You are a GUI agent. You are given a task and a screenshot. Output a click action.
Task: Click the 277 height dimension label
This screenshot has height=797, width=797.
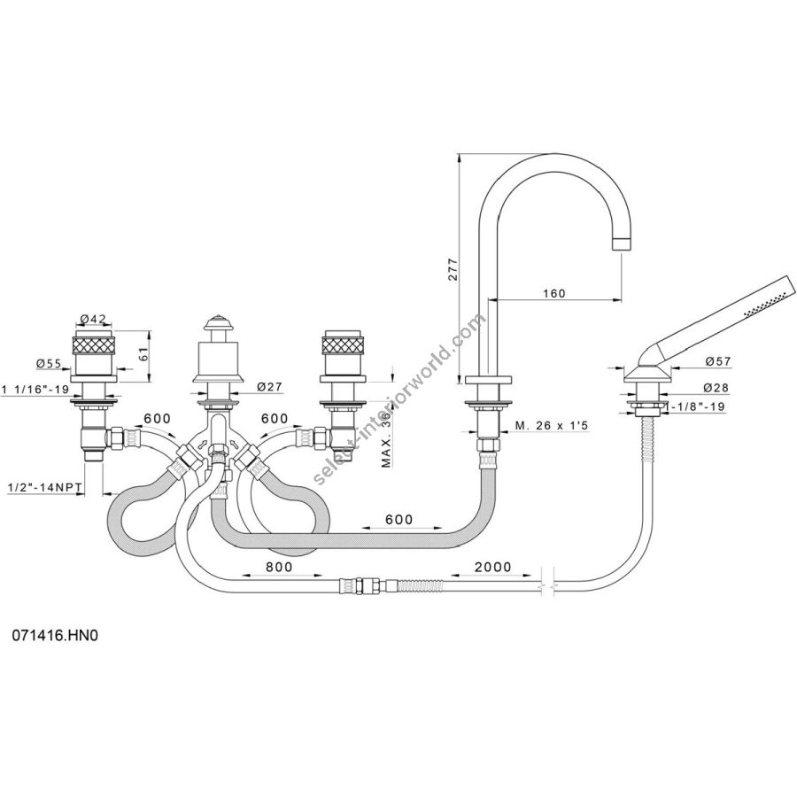coord(452,268)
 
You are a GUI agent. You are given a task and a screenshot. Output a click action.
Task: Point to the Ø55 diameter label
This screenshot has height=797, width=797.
coord(50,363)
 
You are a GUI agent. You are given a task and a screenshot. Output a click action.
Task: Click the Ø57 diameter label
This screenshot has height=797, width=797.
coord(719,361)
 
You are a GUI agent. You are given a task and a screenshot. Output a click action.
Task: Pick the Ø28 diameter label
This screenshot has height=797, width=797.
coord(719,388)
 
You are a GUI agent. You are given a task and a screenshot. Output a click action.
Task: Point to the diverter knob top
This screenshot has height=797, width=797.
coord(216,321)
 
